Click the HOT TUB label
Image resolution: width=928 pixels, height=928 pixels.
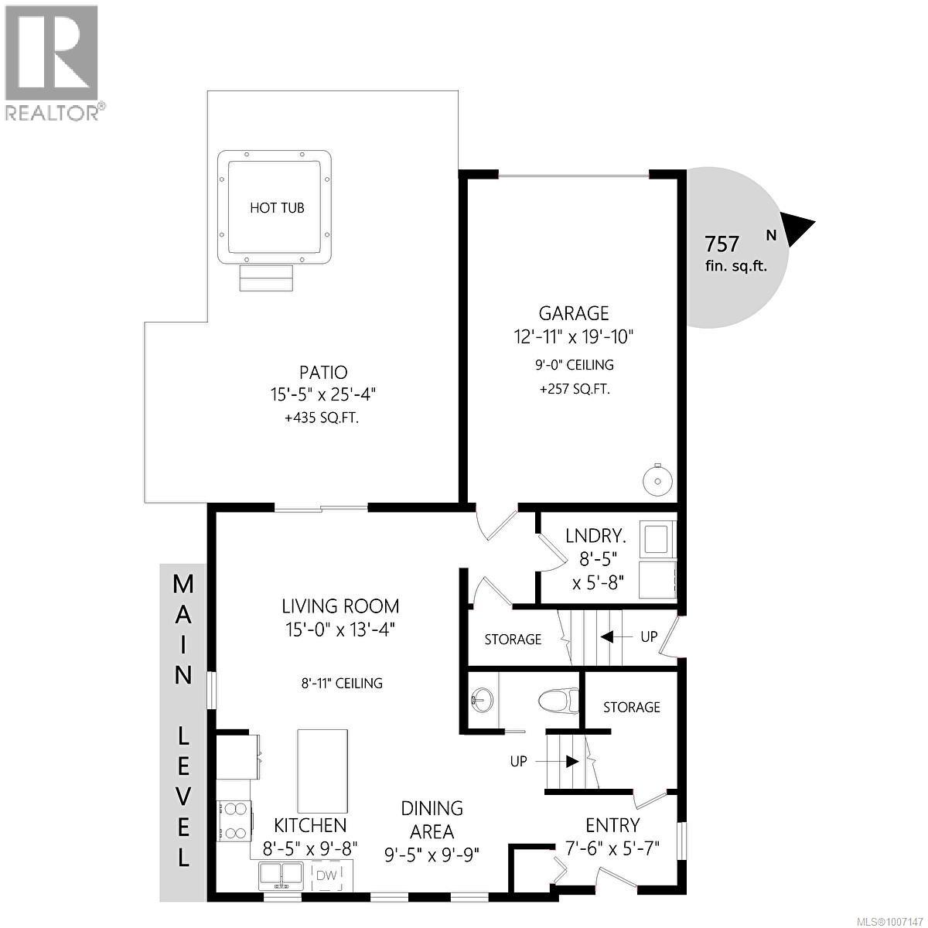(x=277, y=207)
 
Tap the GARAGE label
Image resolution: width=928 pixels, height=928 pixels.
(x=574, y=313)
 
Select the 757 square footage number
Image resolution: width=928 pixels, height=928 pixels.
(x=722, y=244)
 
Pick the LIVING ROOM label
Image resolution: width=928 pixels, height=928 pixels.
(x=340, y=606)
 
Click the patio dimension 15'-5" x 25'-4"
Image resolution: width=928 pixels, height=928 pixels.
(x=319, y=394)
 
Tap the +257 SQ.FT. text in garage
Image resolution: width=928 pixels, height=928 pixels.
(x=575, y=389)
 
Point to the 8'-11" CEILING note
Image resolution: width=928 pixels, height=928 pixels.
(x=342, y=683)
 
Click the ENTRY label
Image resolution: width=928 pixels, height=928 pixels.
(x=612, y=825)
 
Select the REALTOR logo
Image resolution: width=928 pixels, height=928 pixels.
(x=53, y=62)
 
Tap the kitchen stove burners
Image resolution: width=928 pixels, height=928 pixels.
(x=234, y=821)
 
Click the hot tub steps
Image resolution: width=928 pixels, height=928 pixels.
(x=267, y=278)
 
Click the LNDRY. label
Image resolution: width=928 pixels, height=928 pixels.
(x=595, y=535)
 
